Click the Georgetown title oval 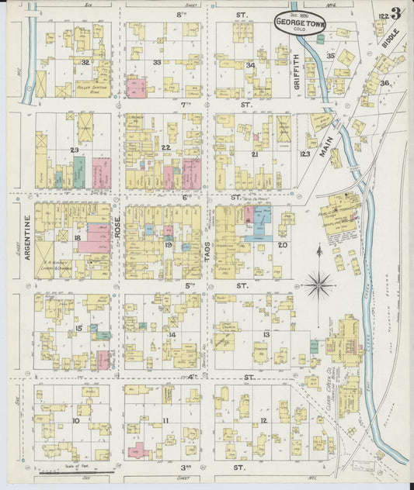300,23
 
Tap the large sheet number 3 397,13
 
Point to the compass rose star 318,285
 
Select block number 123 304,154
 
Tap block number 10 75,421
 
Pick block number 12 263,420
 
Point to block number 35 330,56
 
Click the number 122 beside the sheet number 382,14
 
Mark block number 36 384,82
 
